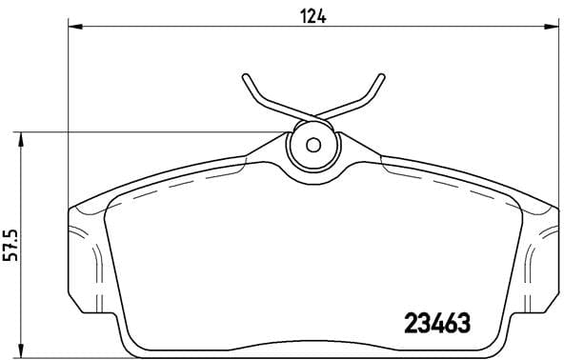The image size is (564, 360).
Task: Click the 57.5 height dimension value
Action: (x=10, y=244)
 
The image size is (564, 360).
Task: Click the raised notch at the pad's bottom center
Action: (x=312, y=344)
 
